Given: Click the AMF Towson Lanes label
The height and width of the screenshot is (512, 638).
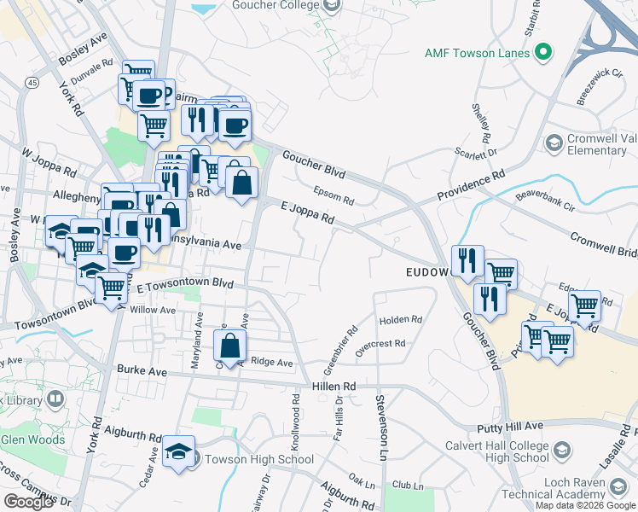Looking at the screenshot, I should (478, 53).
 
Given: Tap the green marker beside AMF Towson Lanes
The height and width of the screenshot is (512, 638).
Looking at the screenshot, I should (542, 53).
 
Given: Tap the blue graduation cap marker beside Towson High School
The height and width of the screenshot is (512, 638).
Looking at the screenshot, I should (179, 451).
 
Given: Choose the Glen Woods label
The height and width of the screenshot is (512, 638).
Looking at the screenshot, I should (34, 440).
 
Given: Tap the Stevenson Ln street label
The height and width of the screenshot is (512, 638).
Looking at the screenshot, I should (380, 423).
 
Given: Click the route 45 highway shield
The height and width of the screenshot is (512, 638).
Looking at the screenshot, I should (32, 82).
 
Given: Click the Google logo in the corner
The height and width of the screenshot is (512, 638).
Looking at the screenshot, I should (28, 502).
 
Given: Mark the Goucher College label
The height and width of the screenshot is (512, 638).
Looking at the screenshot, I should (277, 5).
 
